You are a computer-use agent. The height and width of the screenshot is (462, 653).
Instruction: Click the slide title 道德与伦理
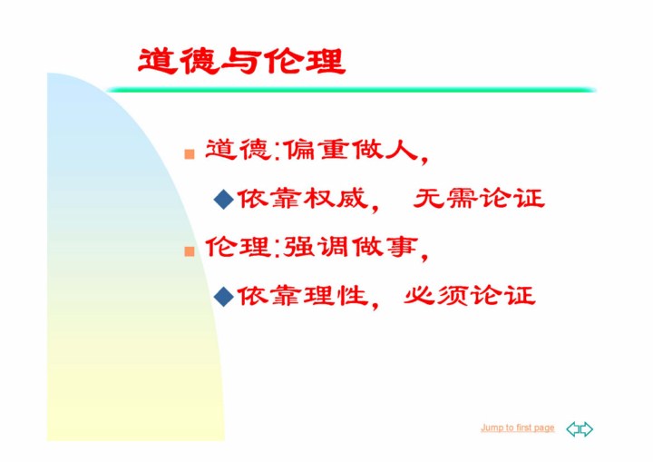(241, 62)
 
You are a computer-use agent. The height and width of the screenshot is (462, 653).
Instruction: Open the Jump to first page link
(517, 428)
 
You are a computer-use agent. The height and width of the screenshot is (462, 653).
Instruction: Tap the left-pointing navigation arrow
(573, 429)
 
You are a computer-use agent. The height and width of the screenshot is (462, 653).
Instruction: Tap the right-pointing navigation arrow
(587, 429)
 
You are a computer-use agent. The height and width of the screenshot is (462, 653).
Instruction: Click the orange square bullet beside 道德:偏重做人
(190, 154)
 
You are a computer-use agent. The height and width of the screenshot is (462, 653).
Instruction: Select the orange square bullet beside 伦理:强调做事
(190, 251)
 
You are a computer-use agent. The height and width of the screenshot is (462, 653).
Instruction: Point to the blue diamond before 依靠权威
(224, 199)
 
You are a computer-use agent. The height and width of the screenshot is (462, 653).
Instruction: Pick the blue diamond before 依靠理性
(224, 297)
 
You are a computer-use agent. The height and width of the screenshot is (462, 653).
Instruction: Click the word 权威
(336, 199)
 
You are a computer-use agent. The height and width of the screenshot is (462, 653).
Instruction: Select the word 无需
(445, 198)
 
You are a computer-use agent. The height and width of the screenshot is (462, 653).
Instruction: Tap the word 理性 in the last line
(336, 296)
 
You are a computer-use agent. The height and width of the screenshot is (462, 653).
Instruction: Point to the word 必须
(435, 296)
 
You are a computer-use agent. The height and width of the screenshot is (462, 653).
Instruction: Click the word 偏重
(317, 149)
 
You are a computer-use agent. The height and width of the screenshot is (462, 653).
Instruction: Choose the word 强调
(317, 247)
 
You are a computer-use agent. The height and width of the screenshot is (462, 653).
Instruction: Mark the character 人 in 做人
(402, 149)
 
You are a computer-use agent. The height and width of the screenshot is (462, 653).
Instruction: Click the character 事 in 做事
(402, 247)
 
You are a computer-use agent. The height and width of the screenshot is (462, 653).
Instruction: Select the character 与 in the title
(241, 62)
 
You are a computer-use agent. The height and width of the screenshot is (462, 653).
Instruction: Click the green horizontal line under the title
(351, 90)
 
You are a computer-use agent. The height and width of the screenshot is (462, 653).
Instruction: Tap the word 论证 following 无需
(512, 198)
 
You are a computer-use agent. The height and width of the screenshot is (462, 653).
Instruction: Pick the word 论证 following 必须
(502, 296)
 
